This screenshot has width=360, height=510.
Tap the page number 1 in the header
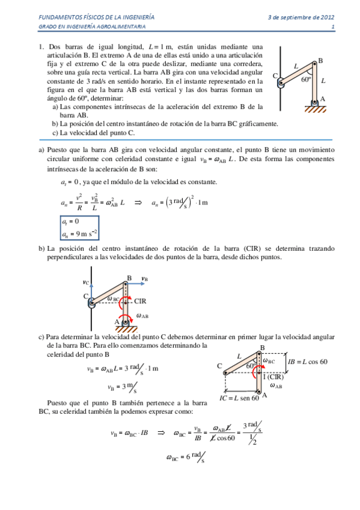[x=332, y=28]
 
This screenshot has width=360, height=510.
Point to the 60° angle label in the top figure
[x=307, y=79]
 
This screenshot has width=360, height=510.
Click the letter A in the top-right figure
[x=323, y=99]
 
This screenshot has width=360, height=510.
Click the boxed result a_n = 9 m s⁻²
[x=79, y=233]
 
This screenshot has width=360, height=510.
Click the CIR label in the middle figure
[x=141, y=301]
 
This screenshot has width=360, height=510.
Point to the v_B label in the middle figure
[x=145, y=278]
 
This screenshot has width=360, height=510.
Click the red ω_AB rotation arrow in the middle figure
[x=126, y=318]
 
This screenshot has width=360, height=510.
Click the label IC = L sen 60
[x=239, y=397]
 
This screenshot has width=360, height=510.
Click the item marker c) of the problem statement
[x=55, y=133]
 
